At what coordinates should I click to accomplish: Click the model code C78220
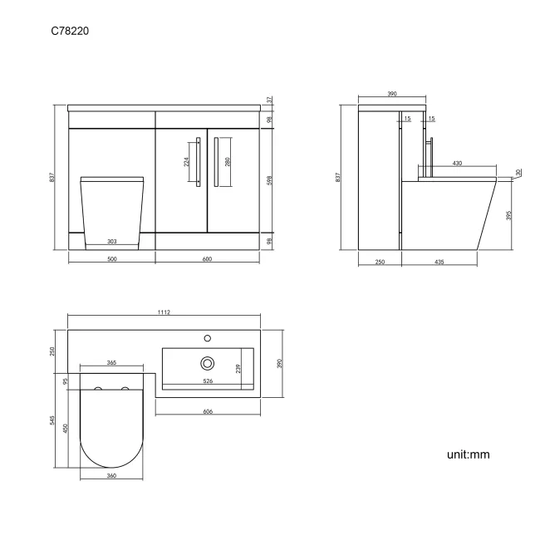pyautogui.click(x=70, y=31)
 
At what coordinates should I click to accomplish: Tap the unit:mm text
pyautogui.click(x=468, y=454)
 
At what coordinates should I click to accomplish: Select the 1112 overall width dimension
pyautogui.click(x=164, y=312)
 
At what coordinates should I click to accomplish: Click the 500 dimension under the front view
pyautogui.click(x=112, y=259)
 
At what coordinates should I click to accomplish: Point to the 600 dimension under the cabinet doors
pyautogui.click(x=208, y=259)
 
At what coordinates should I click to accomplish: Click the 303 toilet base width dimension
pyautogui.click(x=112, y=242)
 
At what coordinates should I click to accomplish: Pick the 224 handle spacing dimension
pyautogui.click(x=186, y=161)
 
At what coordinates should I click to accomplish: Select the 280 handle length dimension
pyautogui.click(x=228, y=161)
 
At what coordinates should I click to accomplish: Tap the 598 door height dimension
pyautogui.click(x=270, y=180)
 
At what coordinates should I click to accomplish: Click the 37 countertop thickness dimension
pyautogui.click(x=270, y=100)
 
